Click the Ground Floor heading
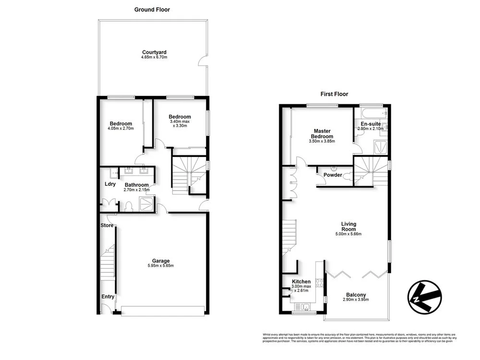pos(152,10)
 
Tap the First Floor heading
pos(335,94)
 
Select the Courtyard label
pos(154,52)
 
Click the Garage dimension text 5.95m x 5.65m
pos(160,266)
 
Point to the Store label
pos(107,225)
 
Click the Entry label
pos(108,297)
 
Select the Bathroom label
pos(137,185)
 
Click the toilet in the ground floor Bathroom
pos(129,207)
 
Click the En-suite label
pos(368,124)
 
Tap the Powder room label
pos(333,175)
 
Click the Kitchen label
pos(301,282)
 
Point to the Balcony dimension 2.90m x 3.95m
pos(356,300)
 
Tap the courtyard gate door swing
pos(204,61)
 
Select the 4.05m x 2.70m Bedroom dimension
pos(120,129)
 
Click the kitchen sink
pos(306,307)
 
